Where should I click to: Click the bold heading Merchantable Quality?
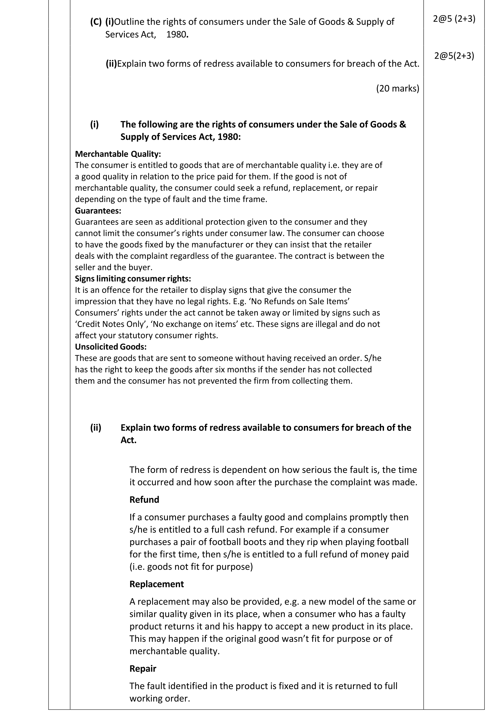click(x=118, y=154)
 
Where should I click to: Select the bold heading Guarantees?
click(x=98, y=211)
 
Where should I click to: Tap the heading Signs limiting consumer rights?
click(x=133, y=279)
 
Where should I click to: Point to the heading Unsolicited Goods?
click(x=110, y=347)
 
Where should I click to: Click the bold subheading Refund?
click(x=144, y=500)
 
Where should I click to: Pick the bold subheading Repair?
click(x=143, y=669)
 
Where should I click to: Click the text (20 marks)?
click(x=398, y=89)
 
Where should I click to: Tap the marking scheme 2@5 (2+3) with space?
click(x=454, y=19)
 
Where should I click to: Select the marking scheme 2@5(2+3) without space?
click(x=454, y=56)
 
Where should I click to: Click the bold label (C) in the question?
click(x=96, y=22)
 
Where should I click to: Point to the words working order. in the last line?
click(x=160, y=698)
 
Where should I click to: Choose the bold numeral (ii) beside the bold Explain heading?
click(x=95, y=428)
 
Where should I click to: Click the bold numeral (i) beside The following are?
click(x=94, y=125)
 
